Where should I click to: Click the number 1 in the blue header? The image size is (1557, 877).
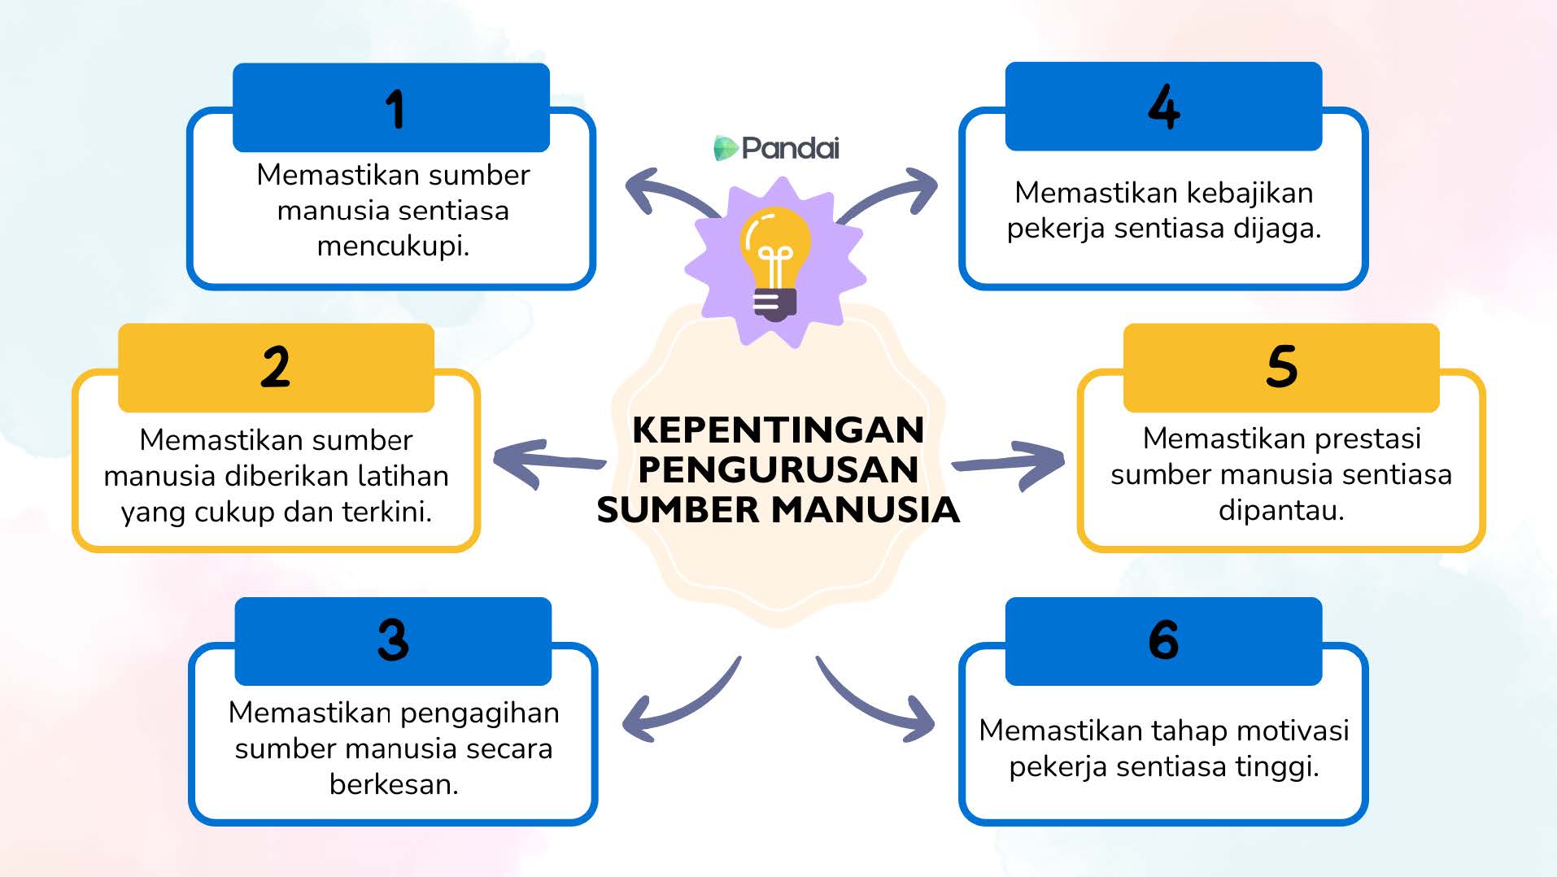(395, 110)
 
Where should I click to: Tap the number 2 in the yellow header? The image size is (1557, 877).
(276, 367)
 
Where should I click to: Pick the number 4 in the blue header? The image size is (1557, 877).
(1164, 107)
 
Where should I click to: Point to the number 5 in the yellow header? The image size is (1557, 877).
(1281, 366)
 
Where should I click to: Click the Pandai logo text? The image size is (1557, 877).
(790, 148)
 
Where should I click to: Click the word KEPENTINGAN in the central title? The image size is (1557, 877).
(778, 430)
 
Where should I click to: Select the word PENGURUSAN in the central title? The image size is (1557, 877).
(778, 469)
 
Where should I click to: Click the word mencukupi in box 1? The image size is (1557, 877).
(393, 246)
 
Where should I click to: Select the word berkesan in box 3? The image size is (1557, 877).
(394, 783)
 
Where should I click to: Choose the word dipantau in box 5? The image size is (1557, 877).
(1281, 510)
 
